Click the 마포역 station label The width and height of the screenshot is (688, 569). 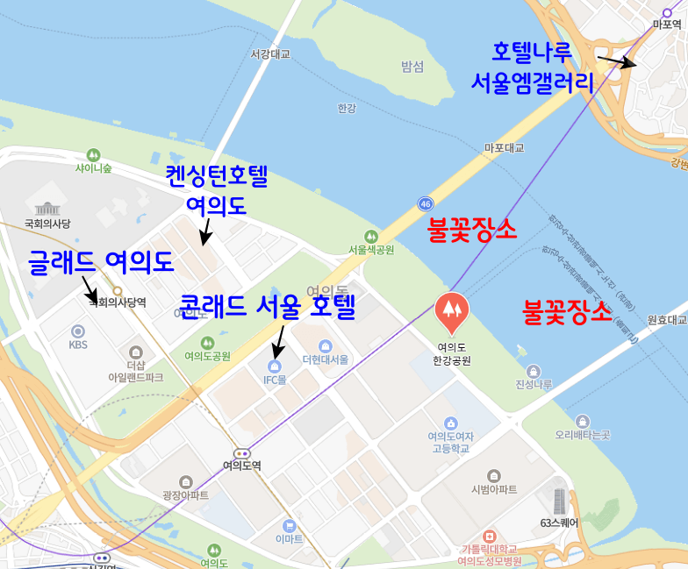point(667,25)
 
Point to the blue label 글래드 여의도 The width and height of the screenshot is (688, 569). point(101,260)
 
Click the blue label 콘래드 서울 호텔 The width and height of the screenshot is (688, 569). point(267,307)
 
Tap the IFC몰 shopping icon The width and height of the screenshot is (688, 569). point(275,365)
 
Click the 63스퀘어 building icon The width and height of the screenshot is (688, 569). point(559,501)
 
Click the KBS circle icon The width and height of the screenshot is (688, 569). point(78,331)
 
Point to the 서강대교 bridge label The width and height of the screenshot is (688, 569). point(269,54)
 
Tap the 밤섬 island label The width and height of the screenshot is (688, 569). point(412,67)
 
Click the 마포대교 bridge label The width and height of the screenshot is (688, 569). point(504,148)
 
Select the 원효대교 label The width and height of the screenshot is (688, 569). point(667,320)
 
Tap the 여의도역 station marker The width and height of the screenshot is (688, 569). point(242,453)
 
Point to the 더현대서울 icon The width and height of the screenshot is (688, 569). point(326,345)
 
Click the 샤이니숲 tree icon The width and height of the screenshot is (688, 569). point(94,154)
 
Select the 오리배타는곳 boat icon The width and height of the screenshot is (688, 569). point(582,422)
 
